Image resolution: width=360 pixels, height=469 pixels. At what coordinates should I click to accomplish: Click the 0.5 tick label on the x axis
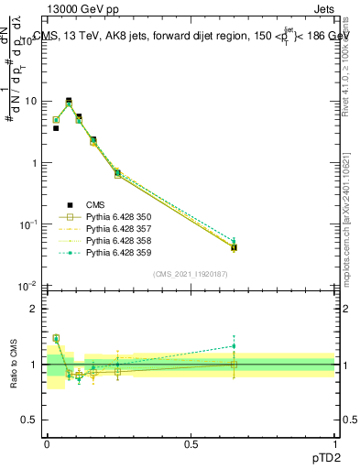pyautogui.click(x=191, y=442)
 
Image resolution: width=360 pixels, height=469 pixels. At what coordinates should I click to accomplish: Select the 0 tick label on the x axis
pyautogui.click(x=47, y=442)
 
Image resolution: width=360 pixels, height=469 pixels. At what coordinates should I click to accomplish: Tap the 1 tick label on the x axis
pyautogui.click(x=335, y=442)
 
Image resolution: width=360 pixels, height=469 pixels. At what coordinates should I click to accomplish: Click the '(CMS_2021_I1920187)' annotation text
pyautogui.click(x=191, y=274)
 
